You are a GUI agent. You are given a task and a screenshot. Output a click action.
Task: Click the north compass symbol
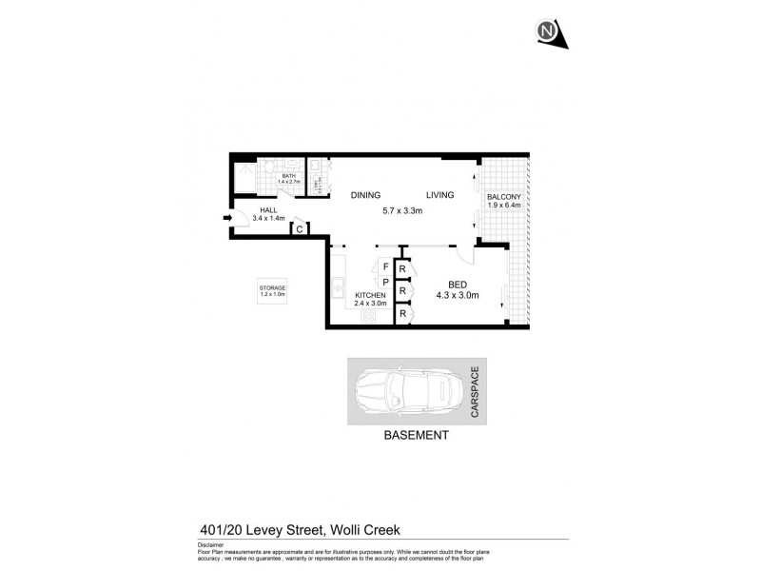(x=549, y=33)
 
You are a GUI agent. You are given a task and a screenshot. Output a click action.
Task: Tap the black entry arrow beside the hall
(x=227, y=218)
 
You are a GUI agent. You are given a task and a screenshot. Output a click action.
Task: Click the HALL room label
(x=269, y=210)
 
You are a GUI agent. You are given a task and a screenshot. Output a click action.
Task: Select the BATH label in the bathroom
(x=288, y=175)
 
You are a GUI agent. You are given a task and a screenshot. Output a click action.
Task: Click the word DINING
(x=365, y=195)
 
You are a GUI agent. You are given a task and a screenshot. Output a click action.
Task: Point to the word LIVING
(x=439, y=195)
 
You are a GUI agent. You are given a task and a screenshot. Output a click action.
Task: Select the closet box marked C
(x=300, y=228)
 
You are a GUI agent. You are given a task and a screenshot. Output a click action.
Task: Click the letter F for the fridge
(x=385, y=266)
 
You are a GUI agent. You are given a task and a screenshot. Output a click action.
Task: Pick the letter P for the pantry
(x=385, y=283)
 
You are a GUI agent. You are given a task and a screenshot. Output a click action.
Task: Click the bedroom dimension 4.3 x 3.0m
(x=457, y=295)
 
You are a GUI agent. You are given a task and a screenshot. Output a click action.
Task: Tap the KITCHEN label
(x=370, y=296)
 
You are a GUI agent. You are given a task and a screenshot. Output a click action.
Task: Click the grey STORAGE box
(x=273, y=290)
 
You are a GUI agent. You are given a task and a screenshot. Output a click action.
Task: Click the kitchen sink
(x=339, y=285)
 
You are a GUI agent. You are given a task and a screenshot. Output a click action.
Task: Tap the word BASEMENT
(x=416, y=436)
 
